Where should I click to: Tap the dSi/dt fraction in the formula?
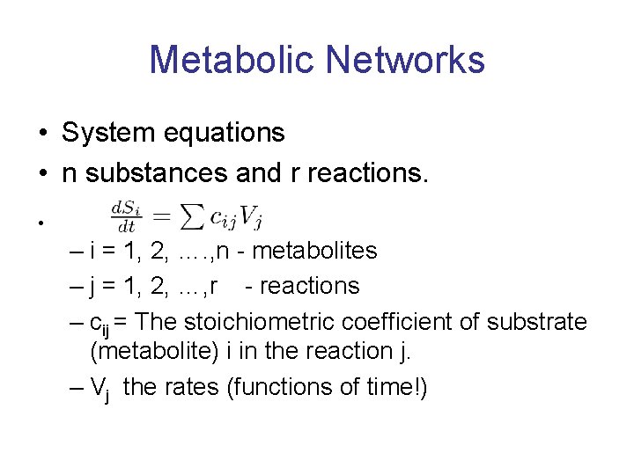pyautogui.click(x=124, y=214)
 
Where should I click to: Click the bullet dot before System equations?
pyautogui.click(x=42, y=134)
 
